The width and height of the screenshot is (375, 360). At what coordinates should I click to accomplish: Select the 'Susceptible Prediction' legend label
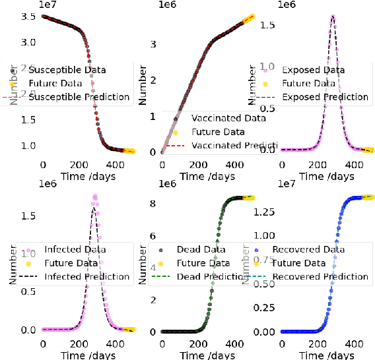click(x=80, y=97)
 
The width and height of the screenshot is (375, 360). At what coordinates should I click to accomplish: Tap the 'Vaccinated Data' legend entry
click(x=228, y=119)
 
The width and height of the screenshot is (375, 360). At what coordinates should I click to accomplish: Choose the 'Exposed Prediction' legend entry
click(x=325, y=97)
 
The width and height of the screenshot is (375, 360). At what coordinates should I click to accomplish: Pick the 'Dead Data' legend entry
click(x=201, y=250)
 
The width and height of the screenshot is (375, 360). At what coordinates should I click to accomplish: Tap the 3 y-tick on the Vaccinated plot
click(x=153, y=44)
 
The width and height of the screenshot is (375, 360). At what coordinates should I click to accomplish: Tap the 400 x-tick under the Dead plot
click(x=232, y=344)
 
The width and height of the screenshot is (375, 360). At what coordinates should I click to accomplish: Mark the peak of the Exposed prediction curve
click(x=332, y=16)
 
